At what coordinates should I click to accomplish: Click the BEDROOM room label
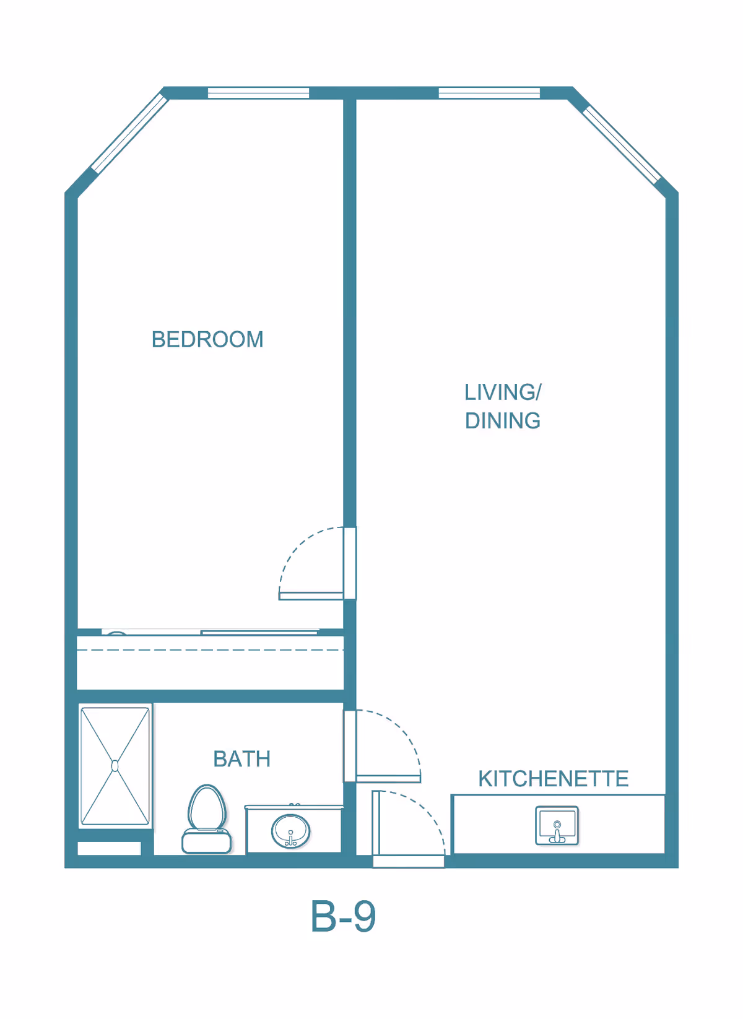(207, 339)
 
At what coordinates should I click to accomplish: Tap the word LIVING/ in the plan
(503, 392)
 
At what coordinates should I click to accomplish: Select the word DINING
(503, 421)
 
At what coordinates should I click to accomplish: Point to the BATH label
(242, 759)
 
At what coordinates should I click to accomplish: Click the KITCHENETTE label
(554, 779)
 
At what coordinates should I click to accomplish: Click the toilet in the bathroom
(207, 819)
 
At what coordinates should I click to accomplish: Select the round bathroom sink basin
(291, 831)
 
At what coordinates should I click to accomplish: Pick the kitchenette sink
(557, 825)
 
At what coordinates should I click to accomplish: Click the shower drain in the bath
(115, 766)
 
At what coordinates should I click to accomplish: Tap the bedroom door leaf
(311, 596)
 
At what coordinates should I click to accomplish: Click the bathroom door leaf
(389, 779)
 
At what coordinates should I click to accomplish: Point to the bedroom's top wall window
(258, 93)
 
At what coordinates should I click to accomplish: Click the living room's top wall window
(489, 93)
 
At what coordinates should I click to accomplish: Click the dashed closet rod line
(210, 650)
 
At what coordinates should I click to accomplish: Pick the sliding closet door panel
(259, 632)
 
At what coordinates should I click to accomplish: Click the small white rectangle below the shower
(109, 848)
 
